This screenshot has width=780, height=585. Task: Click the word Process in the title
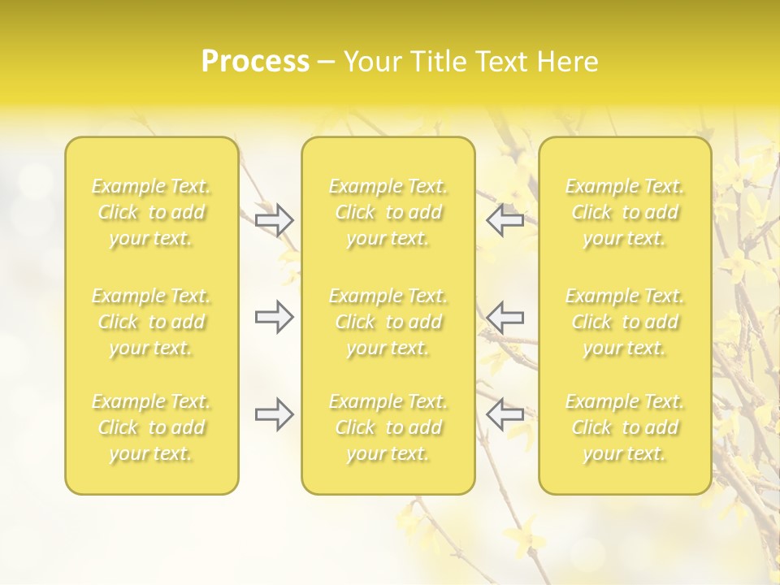255,62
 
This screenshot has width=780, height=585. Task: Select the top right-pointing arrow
275,220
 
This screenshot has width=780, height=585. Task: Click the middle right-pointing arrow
275,317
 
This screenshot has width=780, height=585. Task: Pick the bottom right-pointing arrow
275,414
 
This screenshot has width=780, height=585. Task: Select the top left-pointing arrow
505,220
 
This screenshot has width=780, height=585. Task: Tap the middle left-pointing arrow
505,317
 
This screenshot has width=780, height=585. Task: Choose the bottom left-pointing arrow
505,414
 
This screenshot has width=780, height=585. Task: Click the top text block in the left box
151,212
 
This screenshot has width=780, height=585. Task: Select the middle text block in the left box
151,322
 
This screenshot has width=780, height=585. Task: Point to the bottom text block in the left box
151,427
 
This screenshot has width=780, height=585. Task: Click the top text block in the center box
388,212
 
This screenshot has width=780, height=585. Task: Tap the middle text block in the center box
388,322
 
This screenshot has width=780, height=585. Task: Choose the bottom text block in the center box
388,427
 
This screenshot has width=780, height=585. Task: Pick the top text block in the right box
625,212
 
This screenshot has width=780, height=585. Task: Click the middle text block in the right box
625,322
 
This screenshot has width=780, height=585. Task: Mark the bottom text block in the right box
625,427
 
